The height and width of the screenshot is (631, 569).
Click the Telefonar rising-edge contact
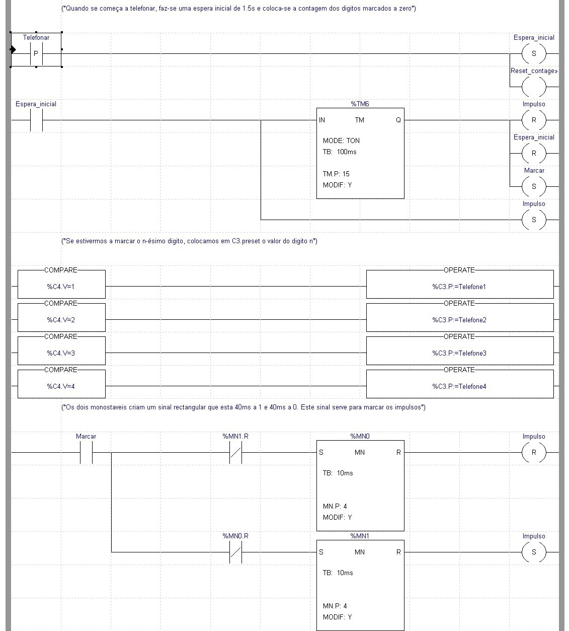click(36, 53)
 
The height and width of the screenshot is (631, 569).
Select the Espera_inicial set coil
click(534, 53)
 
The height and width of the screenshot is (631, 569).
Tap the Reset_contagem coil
click(534, 87)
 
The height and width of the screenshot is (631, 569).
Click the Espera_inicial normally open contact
click(36, 120)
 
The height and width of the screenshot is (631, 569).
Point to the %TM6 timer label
click(360, 104)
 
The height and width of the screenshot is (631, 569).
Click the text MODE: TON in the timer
click(341, 141)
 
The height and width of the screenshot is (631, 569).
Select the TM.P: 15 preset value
click(336, 174)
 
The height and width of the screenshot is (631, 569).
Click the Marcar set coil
click(534, 186)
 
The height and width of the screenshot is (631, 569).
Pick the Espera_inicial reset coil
click(534, 153)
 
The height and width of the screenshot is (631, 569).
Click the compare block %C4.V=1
click(61, 287)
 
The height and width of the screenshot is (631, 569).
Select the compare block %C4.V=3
click(61, 353)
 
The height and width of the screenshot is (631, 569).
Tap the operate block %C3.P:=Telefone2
click(459, 320)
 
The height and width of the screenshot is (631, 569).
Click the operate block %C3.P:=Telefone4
click(459, 386)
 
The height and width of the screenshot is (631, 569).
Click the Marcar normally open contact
click(86, 453)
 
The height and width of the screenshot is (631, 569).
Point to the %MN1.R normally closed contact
click(235, 453)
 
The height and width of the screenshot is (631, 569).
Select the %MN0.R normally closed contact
click(235, 552)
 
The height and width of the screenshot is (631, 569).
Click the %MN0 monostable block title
click(360, 436)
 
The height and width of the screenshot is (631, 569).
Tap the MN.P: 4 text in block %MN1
click(335, 606)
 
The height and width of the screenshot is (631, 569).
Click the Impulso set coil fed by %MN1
click(534, 552)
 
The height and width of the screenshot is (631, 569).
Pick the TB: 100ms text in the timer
click(340, 152)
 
